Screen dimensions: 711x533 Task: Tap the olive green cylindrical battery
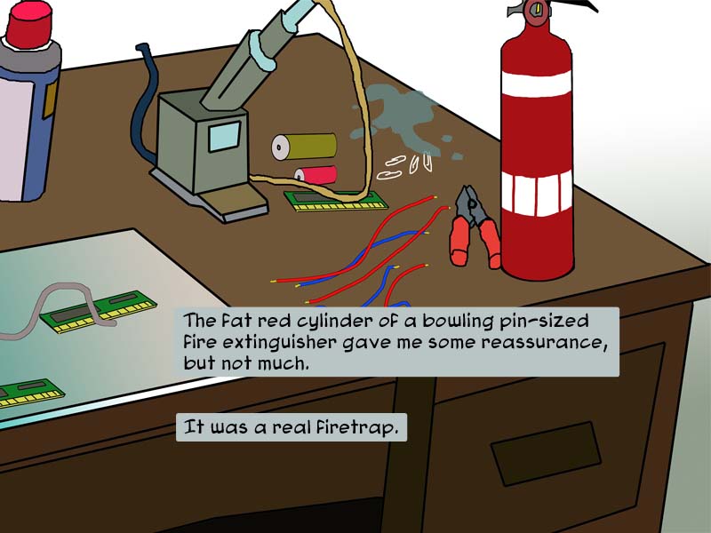tap(305, 147)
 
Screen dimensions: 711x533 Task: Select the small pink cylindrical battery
tap(316, 175)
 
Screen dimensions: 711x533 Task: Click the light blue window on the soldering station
tap(224, 136)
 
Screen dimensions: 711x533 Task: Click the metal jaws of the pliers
tap(470, 204)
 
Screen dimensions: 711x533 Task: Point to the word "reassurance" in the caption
tap(544, 343)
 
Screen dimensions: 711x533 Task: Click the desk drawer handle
tap(547, 454)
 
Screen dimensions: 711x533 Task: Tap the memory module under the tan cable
tap(337, 201)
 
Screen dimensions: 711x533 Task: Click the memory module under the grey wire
tap(98, 312)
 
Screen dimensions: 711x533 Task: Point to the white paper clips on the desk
tap(404, 166)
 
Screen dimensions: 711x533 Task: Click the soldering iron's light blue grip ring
tap(265, 50)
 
